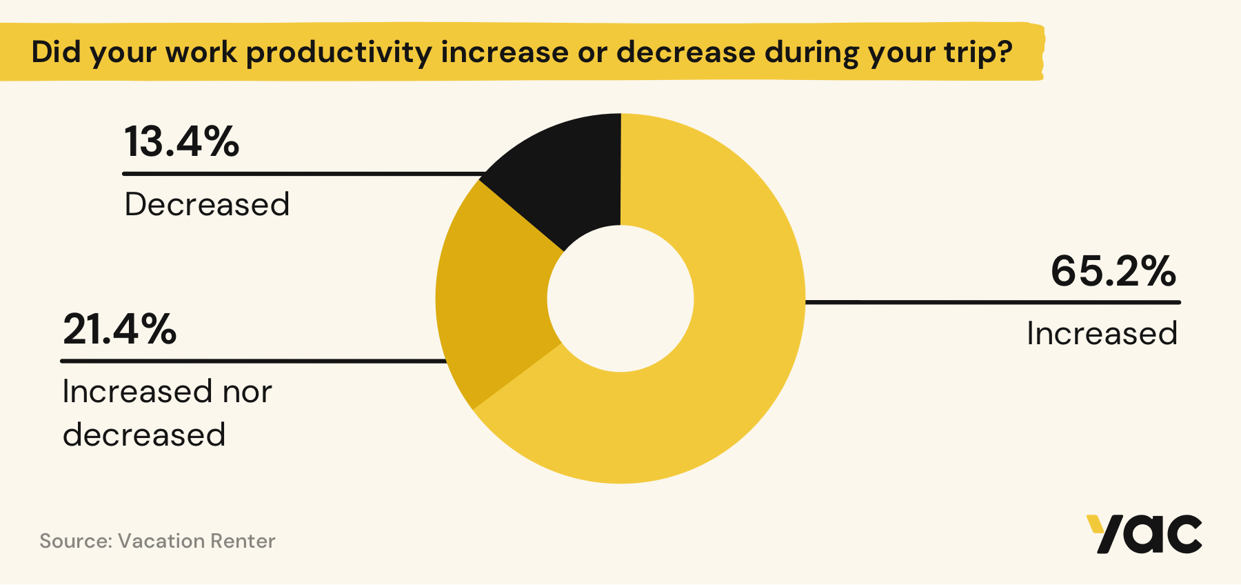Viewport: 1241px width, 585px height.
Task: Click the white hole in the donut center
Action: (x=620, y=299)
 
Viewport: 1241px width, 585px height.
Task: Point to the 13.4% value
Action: (x=181, y=141)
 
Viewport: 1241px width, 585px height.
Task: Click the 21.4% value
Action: (x=120, y=329)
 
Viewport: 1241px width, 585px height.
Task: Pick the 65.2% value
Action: (x=1113, y=271)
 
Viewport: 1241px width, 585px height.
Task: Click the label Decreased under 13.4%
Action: (x=207, y=204)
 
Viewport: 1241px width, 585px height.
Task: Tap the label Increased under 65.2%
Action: (x=1102, y=334)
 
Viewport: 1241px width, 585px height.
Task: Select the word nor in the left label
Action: (x=247, y=392)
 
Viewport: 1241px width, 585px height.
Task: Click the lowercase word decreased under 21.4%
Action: (x=144, y=435)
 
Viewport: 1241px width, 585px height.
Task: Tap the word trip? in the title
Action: (x=978, y=52)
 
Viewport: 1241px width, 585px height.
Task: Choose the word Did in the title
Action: (x=57, y=52)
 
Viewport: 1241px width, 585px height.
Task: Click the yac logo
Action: (x=1144, y=534)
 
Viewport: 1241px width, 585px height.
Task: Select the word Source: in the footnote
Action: (x=75, y=541)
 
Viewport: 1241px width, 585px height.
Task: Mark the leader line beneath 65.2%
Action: (x=993, y=302)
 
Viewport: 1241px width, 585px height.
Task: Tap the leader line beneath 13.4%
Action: (x=303, y=174)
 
